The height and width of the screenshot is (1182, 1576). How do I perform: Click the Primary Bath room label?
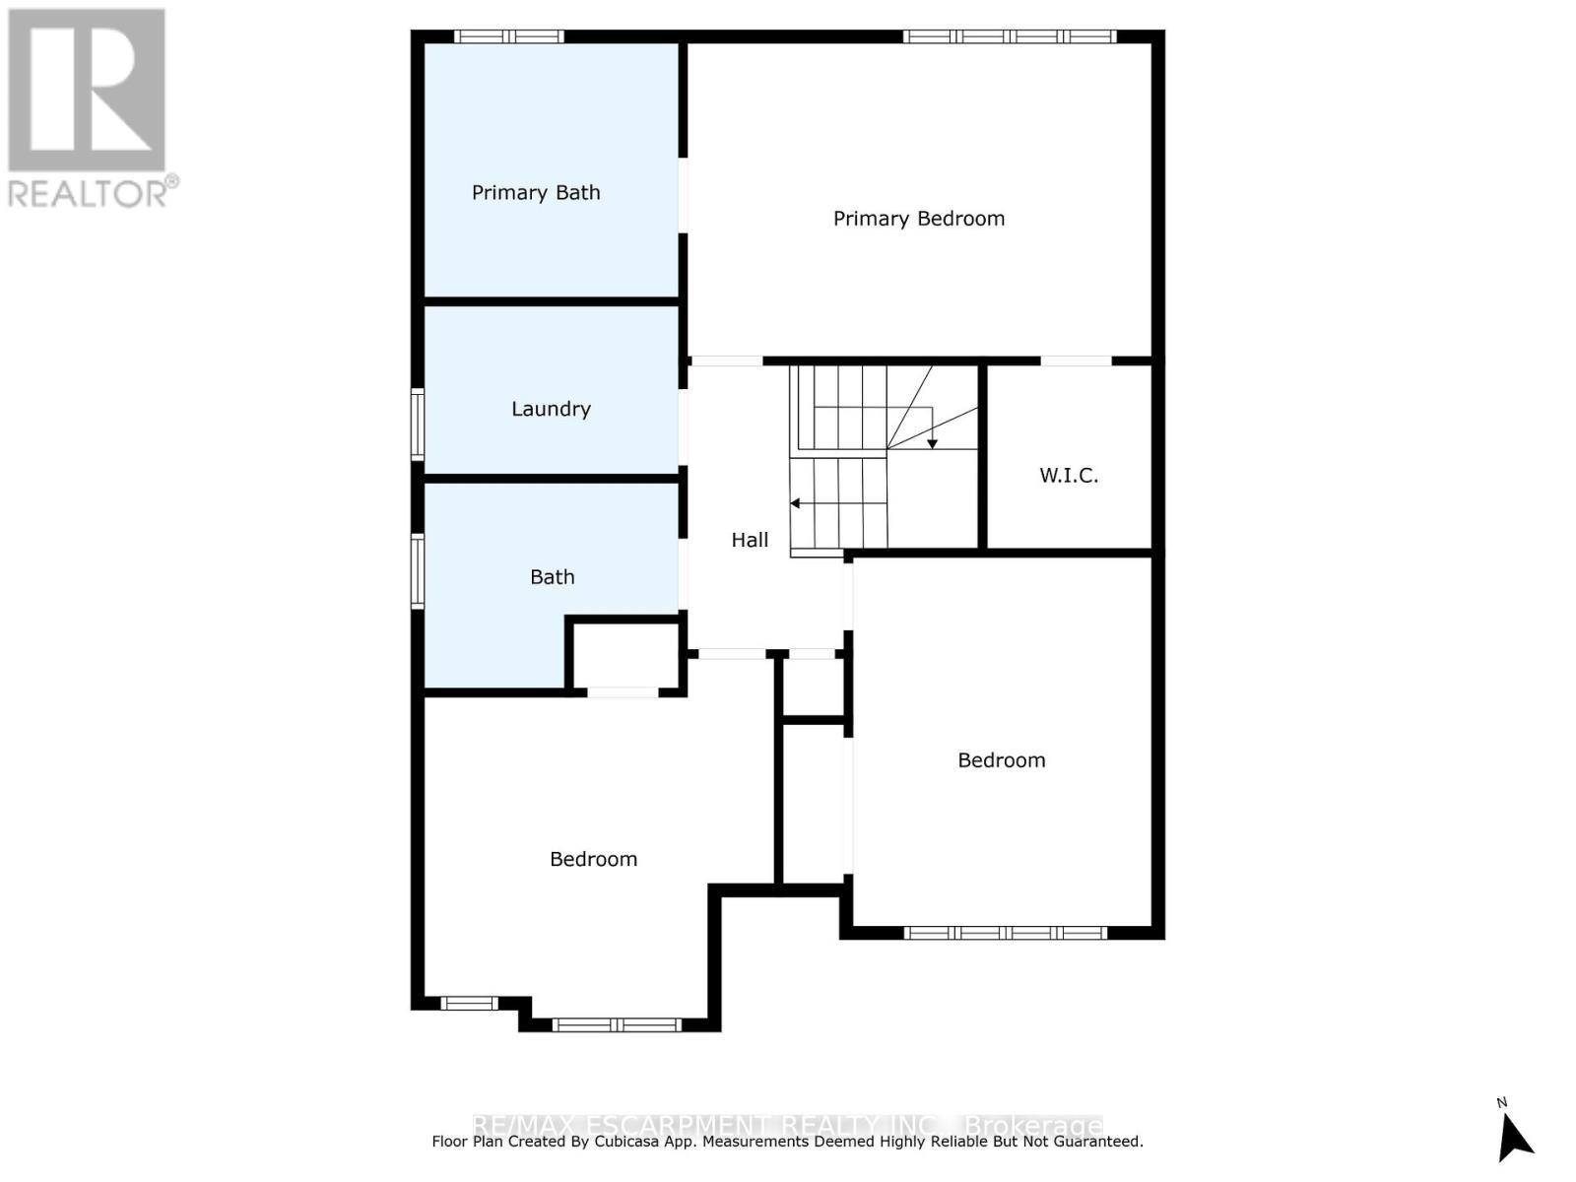pos(536,192)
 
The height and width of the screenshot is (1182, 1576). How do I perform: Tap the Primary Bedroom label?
pos(918,218)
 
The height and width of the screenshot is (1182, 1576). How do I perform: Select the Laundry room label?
pos(551,409)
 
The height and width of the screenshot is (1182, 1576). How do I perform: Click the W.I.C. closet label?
pos(1069,475)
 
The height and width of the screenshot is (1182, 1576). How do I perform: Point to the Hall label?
pos(750,540)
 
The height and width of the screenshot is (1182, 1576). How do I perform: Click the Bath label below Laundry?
pos(552,577)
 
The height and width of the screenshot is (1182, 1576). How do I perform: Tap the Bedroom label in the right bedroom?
pos(1001,759)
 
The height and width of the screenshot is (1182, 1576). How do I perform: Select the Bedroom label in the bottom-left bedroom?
pos(593,859)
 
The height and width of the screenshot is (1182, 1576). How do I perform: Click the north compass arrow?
pos(1514,1135)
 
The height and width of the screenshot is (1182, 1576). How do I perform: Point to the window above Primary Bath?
pos(508,36)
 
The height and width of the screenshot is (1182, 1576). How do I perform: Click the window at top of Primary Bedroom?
pos(1009,36)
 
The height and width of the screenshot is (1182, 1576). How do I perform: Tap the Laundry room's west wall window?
pos(418,425)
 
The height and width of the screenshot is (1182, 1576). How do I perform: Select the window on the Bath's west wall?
pos(418,570)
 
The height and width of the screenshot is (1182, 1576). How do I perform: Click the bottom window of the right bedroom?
pos(1005,932)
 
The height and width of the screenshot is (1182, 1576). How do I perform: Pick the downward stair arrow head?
pos(932,444)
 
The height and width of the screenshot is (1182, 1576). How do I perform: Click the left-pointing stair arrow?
pos(795,503)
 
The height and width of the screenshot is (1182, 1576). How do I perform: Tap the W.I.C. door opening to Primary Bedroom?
pos(1076,361)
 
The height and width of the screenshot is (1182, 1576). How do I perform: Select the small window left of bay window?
pos(469,1003)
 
